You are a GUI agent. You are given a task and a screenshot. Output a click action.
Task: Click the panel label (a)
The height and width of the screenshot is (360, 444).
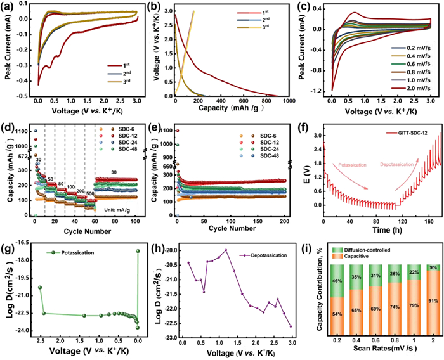8,8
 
